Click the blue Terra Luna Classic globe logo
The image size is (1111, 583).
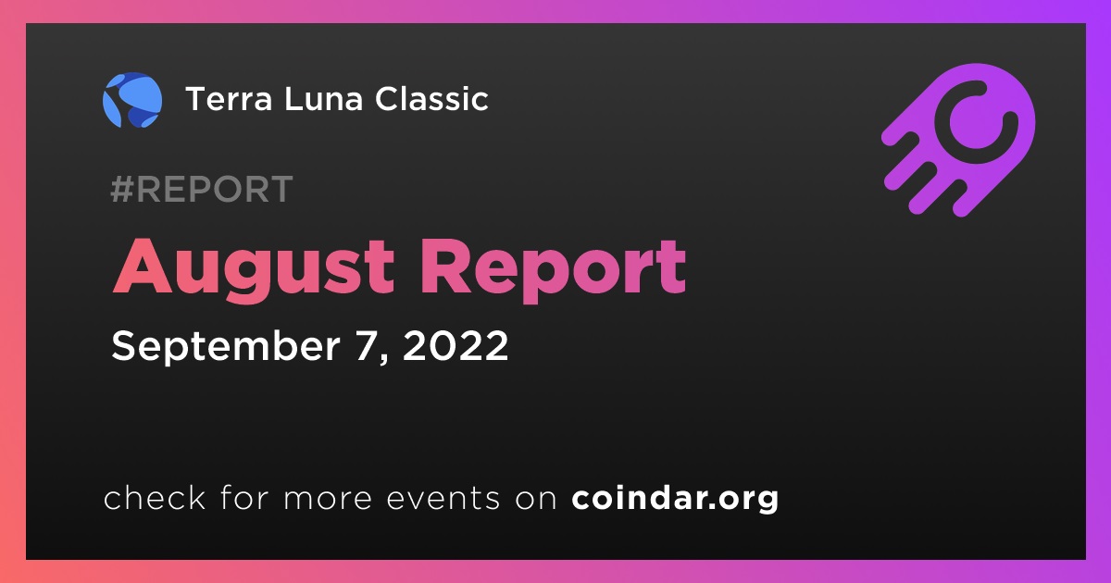pyautogui.click(x=132, y=100)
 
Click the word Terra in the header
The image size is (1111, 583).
pyautogui.click(x=230, y=99)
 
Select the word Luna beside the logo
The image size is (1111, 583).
pyautogui.click(x=324, y=99)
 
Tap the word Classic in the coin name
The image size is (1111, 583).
pyautogui.click(x=431, y=99)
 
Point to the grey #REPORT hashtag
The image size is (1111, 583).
pyautogui.click(x=202, y=189)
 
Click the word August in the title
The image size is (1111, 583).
pyautogui.click(x=254, y=270)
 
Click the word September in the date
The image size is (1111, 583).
pyautogui.click(x=226, y=346)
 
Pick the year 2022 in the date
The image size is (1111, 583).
pyautogui.click(x=456, y=345)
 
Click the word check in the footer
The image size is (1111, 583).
pyautogui.click(x=155, y=497)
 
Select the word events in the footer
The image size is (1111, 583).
pyautogui.click(x=443, y=498)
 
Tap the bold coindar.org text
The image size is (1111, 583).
pyautogui.click(x=675, y=499)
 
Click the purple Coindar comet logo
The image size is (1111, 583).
pyautogui.click(x=958, y=141)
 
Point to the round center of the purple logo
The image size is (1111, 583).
pyautogui.click(x=976, y=121)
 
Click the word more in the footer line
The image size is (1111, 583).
pyautogui.click(x=328, y=499)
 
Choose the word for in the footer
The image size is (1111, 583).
pyautogui.click(x=244, y=497)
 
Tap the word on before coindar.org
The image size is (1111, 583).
pyautogui.click(x=536, y=499)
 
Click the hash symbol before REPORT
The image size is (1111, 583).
pyautogui.click(x=121, y=189)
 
